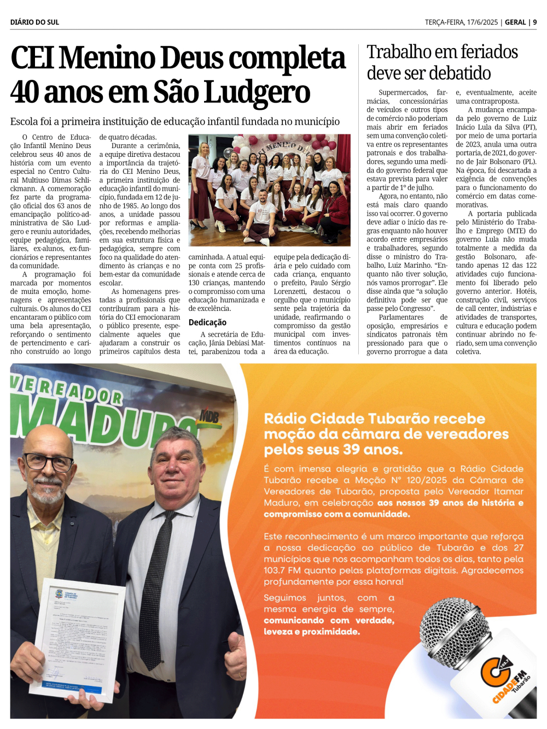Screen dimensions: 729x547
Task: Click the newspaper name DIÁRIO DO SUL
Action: (34, 22)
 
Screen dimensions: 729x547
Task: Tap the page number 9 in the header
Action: (535, 22)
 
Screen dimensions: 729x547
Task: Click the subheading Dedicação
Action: (207, 322)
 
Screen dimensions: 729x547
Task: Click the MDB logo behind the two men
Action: (208, 417)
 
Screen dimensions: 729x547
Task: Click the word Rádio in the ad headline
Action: (285, 419)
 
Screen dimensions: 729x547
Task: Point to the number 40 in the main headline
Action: (25, 92)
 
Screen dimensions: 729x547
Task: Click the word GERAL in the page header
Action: (515, 22)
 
